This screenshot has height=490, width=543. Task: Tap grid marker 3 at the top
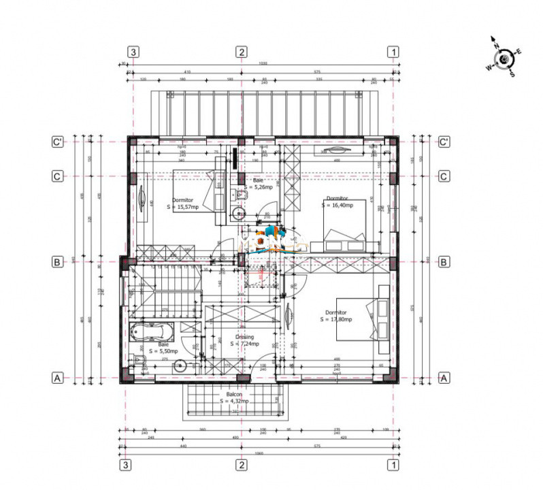[133, 52]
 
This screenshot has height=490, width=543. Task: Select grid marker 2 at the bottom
[241, 465]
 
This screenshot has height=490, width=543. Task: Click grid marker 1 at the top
[393, 52]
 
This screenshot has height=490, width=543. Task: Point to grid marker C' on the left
[59, 142]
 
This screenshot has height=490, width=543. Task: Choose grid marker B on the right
[444, 261]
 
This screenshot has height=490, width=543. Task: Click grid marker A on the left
[59, 377]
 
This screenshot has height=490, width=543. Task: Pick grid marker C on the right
[444, 176]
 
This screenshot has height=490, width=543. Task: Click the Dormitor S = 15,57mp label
[185, 203]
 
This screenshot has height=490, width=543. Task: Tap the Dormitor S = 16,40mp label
[339, 201]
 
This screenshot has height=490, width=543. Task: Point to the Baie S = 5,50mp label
[163, 348]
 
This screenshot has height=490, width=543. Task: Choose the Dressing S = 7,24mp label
[244, 340]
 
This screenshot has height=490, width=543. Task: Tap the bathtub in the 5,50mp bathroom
[153, 333]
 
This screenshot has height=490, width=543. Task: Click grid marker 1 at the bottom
[393, 465]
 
